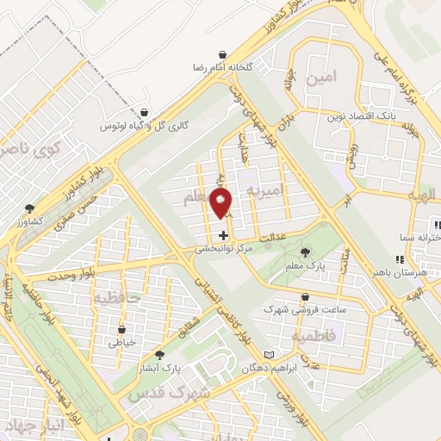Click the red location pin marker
tap(222, 203)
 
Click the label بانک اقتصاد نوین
tap(359, 115)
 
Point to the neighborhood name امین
tap(319, 78)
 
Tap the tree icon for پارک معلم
tap(304, 252)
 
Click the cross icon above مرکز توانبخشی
tap(223, 234)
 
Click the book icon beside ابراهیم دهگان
tap(270, 355)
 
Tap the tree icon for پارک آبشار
tap(158, 355)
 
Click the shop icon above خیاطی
tap(121, 328)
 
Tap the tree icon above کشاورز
tap(30, 208)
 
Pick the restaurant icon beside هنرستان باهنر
tap(398, 258)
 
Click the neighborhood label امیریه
tap(264, 188)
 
